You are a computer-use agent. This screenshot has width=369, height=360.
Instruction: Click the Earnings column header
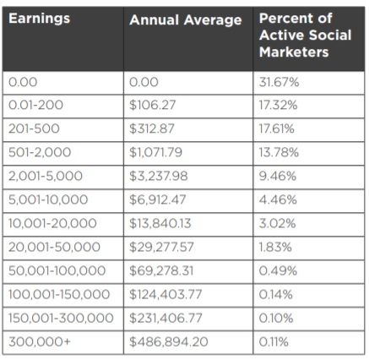pos(39,19)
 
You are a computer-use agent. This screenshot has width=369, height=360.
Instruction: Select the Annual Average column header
pos(186,20)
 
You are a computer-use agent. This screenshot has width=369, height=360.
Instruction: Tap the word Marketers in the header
pos(294,52)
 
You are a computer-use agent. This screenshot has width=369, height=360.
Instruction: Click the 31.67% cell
pos(279,82)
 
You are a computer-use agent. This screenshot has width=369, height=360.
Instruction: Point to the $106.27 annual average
pos(153,106)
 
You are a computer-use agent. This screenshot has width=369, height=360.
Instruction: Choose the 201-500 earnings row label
pos(34,128)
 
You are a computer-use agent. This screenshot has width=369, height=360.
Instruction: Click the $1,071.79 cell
pos(156,152)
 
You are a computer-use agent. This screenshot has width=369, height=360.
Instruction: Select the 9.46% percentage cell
pos(278,176)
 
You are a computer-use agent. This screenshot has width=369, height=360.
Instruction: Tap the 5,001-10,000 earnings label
pos(48,199)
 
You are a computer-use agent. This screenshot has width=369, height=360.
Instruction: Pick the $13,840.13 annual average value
pos(160,223)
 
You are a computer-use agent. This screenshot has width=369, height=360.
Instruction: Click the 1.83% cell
pos(275,247)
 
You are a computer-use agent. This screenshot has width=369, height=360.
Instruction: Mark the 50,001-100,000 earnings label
pos(57,270)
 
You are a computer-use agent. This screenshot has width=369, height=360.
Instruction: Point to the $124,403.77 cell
pos(166,294)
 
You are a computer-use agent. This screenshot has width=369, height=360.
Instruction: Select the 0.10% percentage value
pos(276,318)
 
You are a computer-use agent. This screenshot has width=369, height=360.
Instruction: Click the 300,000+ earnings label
pos(40,341)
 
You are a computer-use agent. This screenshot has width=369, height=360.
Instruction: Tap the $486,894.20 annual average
pos(169,341)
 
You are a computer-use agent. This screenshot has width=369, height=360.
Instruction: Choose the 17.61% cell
pos(277,128)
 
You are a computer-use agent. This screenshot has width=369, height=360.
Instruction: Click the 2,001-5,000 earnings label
pos(46,176)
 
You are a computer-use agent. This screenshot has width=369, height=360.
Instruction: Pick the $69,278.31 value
pos(161,270)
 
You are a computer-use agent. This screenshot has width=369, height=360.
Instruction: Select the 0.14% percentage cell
pos(276,294)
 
